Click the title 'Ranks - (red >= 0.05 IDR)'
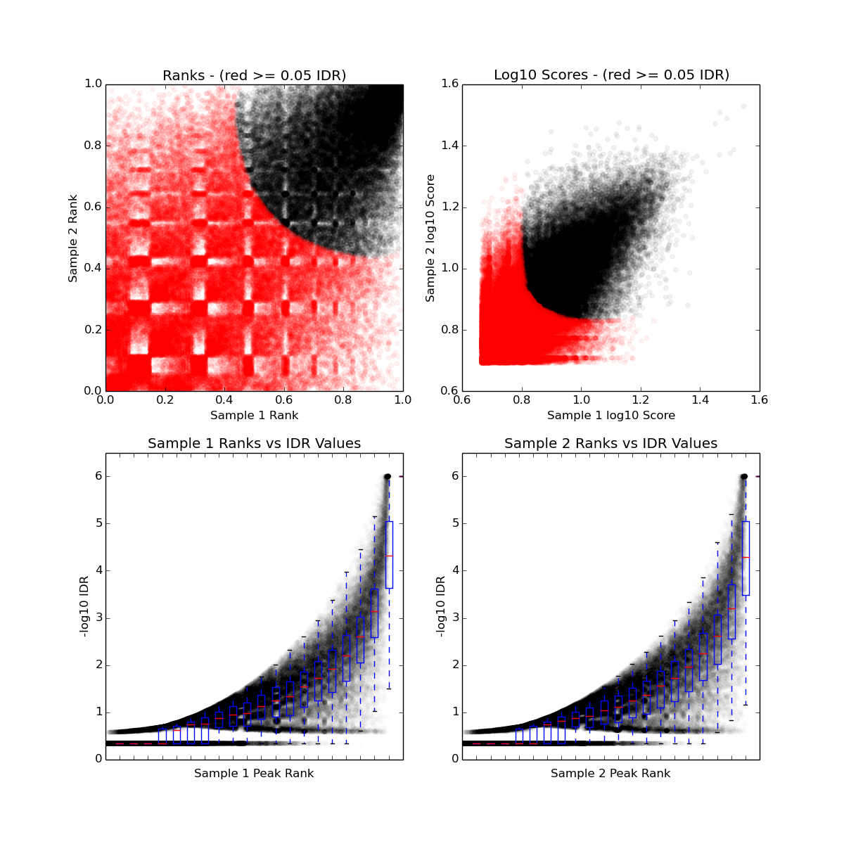click(254, 75)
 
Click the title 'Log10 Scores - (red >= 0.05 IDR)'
click(610, 75)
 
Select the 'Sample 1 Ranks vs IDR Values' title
click(254, 444)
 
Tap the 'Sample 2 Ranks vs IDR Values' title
click(610, 444)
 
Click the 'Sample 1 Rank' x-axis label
click(254, 416)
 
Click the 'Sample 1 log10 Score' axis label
click(610, 416)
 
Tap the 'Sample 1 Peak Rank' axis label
click(254, 774)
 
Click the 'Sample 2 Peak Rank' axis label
click(610, 774)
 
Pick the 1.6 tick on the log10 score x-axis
click(760, 400)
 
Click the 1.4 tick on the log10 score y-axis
click(449, 146)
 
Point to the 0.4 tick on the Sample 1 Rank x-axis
click(224, 400)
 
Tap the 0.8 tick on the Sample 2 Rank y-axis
click(93, 146)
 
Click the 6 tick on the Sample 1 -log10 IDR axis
click(98, 476)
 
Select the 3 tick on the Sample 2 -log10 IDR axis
click(455, 618)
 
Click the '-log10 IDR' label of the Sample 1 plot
click(84, 606)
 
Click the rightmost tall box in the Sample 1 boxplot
click(389, 554)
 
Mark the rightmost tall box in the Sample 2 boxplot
click(746, 558)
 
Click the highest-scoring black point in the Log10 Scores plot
click(743, 106)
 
